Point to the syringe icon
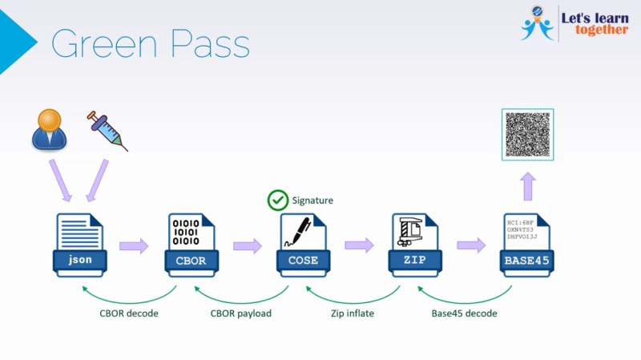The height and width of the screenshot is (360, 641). coord(107,131)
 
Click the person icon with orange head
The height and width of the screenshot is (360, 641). coord(50,130)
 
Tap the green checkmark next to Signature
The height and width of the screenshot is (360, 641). coord(278,200)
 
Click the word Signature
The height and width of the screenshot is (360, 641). coord(312,200)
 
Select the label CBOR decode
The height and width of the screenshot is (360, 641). coord(128,313)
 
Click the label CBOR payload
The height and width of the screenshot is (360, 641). coord(241,313)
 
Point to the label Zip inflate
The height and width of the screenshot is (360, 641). coord(353,313)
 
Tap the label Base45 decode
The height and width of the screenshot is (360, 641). coord(465,313)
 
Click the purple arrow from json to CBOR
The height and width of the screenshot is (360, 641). coord(134,245)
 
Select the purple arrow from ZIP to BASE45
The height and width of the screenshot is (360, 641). coord(471,245)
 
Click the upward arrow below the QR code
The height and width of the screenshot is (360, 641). coord(526,188)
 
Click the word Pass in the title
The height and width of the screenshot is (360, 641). coord(205,44)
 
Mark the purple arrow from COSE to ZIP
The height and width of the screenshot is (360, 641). coord(359,245)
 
